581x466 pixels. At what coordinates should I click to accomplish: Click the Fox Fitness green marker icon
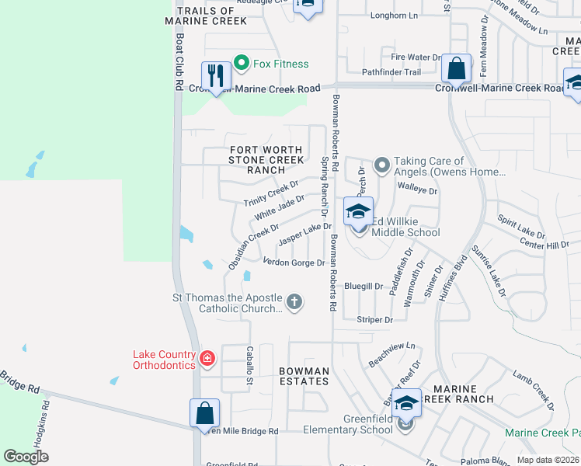241,64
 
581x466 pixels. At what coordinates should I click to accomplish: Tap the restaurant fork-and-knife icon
215,75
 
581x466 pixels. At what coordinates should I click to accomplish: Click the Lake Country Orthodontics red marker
207,358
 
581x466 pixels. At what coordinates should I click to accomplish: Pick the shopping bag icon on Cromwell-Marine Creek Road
457,68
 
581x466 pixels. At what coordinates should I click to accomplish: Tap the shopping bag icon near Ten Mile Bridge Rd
204,412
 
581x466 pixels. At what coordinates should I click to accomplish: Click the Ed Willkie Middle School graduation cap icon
358,211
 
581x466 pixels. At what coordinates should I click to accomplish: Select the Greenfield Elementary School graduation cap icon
405,403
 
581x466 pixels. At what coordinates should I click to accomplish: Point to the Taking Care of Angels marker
381,165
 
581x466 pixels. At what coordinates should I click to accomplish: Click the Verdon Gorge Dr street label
294,263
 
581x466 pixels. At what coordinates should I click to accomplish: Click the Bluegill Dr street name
364,286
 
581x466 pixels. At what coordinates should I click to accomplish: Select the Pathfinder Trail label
391,72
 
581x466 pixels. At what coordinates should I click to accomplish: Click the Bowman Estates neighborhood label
304,376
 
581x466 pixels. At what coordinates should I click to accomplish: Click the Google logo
26,457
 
